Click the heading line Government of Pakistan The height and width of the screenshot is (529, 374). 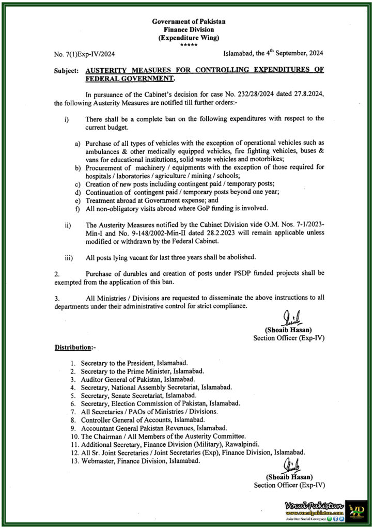coord(189,21)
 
